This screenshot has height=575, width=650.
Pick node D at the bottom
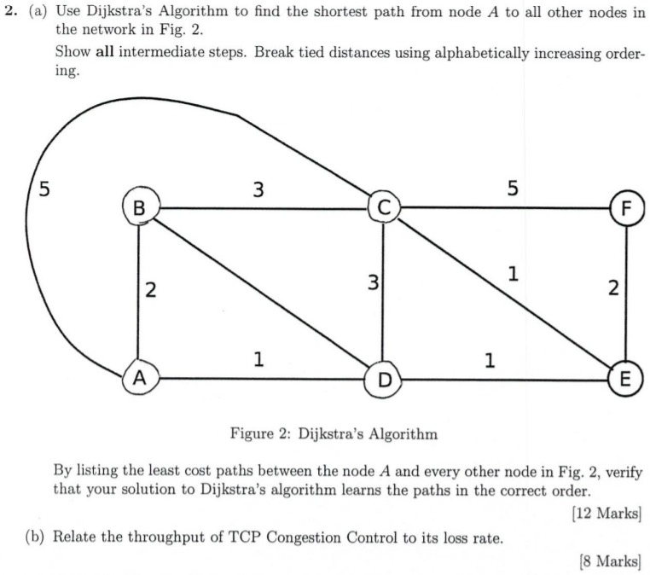384,379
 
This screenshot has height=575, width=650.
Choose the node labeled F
627,207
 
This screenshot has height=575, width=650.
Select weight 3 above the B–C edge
257,189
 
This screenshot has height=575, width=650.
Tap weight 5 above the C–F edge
512,189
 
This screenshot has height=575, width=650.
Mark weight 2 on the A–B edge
150,291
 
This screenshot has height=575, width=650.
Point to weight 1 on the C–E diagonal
512,274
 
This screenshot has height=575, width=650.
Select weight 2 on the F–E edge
614,288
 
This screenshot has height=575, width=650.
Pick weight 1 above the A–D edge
258,360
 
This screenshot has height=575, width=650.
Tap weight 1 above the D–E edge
489,360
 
